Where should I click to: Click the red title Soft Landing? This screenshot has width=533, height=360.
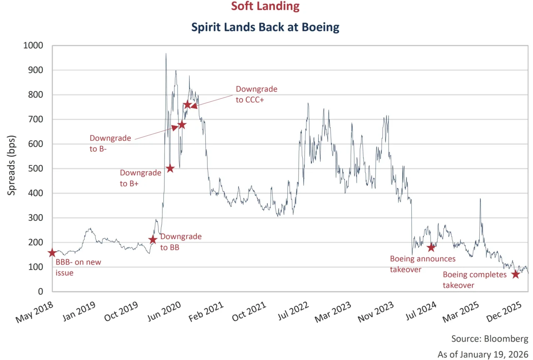coord(266,6)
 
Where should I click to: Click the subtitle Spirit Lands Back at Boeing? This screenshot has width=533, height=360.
coord(266,27)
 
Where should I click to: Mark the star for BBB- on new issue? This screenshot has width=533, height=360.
coord(52,253)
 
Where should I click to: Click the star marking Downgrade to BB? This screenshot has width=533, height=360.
coord(153,240)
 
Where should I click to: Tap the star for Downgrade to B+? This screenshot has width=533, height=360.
coord(170,168)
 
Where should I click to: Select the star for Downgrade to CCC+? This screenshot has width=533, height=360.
coord(187,105)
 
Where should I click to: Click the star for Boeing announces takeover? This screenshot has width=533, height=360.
coord(431,247)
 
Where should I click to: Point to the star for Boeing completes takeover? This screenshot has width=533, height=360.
coord(516,274)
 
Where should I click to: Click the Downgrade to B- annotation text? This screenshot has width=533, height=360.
coord(110,143)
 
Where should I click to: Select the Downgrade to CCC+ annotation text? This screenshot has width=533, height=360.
coord(256,94)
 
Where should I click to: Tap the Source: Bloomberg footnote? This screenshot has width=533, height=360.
coord(490,338)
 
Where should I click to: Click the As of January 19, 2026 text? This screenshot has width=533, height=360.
coord(483,354)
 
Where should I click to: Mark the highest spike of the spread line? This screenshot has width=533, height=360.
coord(166,54)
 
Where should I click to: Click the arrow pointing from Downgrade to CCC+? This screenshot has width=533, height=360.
coord(212,101)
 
